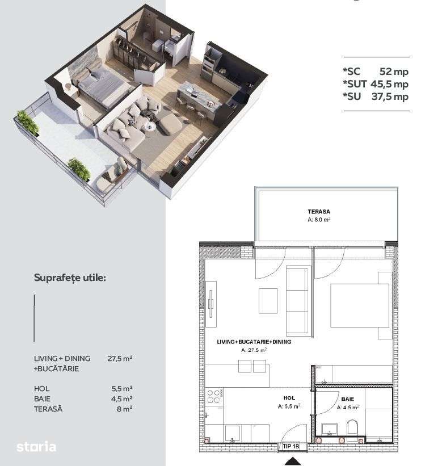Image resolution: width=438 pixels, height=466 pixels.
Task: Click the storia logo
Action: tap(36, 446)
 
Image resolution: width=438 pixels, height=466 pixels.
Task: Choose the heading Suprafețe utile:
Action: tap(70, 278)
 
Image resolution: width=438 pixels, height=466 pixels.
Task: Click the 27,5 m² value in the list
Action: tap(120, 358)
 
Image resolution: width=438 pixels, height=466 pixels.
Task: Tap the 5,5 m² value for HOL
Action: tap(123, 389)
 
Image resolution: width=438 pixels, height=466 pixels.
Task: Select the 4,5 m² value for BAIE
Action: tap(123, 398)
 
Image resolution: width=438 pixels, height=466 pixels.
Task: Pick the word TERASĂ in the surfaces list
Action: tap(48, 409)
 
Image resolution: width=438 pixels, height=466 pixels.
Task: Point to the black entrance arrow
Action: tap(293, 461)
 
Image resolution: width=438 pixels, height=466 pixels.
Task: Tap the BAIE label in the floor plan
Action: tap(347, 399)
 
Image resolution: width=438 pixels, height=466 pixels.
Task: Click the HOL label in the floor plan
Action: tap(288, 398)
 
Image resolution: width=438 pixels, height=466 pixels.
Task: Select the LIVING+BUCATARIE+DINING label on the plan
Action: tap(250, 343)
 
